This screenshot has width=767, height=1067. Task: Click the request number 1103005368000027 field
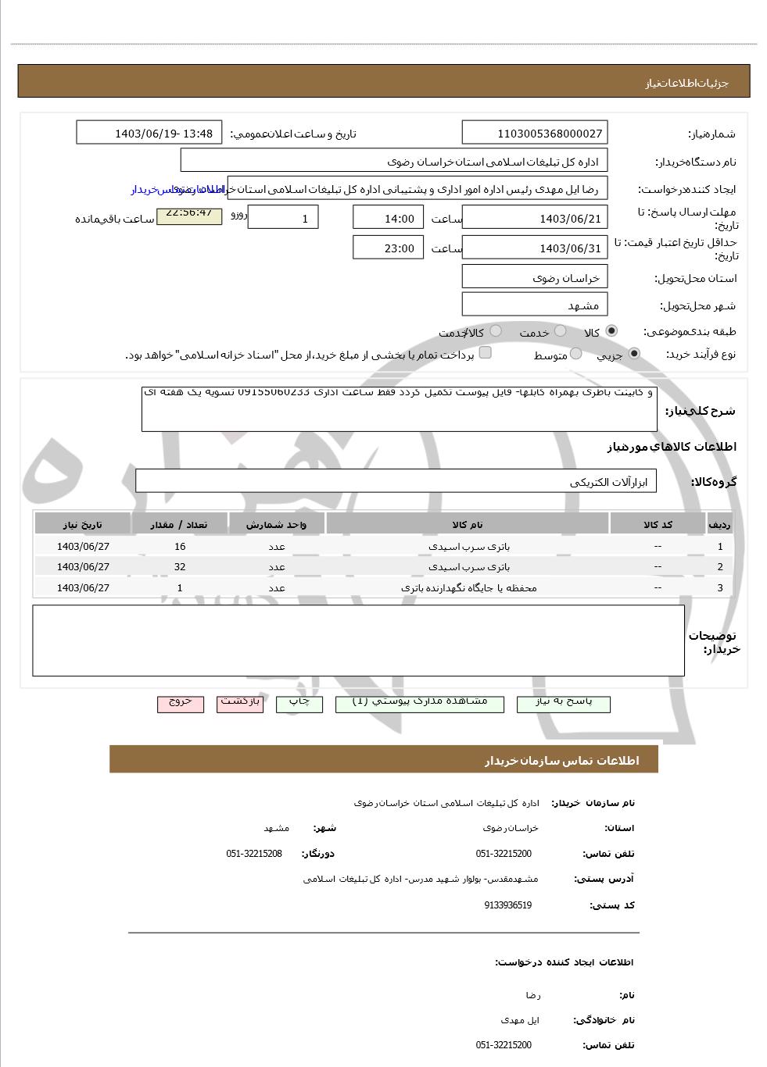[534, 133]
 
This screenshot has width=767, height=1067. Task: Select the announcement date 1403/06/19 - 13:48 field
[149, 133]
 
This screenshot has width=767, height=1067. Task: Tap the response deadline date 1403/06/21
[534, 218]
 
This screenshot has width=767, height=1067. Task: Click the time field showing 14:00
[388, 218]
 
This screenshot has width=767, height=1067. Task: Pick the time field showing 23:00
[388, 248]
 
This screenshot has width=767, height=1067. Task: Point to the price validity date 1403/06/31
[534, 248]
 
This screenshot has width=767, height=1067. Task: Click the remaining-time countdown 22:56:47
[189, 214]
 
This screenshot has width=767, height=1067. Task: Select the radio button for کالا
[611, 331]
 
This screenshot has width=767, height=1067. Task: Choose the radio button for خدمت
[560, 331]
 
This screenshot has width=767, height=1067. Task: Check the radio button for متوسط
[576, 354]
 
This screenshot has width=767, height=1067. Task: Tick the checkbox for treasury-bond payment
[485, 352]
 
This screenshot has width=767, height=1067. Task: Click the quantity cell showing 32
[180, 567]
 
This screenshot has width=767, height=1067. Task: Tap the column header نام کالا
[468, 524]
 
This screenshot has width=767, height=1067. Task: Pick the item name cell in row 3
[468, 587]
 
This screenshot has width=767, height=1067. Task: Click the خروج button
[181, 703]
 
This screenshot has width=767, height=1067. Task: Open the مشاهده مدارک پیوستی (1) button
[420, 703]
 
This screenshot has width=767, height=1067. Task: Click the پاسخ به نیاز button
[563, 703]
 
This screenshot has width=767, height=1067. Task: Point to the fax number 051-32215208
[254, 854]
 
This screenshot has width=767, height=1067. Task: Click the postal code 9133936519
[507, 905]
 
